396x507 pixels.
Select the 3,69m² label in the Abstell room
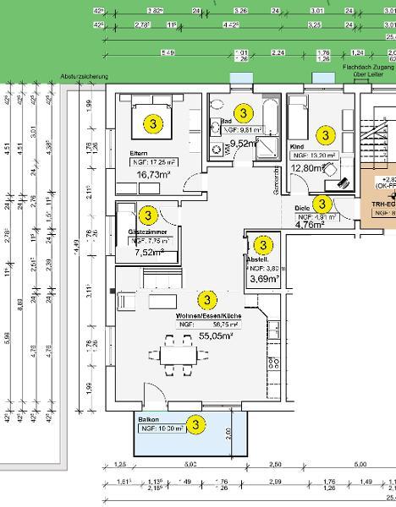(x=264, y=279)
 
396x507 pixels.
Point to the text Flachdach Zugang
(x=369, y=66)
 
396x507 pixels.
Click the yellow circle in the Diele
(x=322, y=204)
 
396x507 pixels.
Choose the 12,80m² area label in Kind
(x=308, y=168)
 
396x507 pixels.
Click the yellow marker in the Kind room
(x=323, y=134)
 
